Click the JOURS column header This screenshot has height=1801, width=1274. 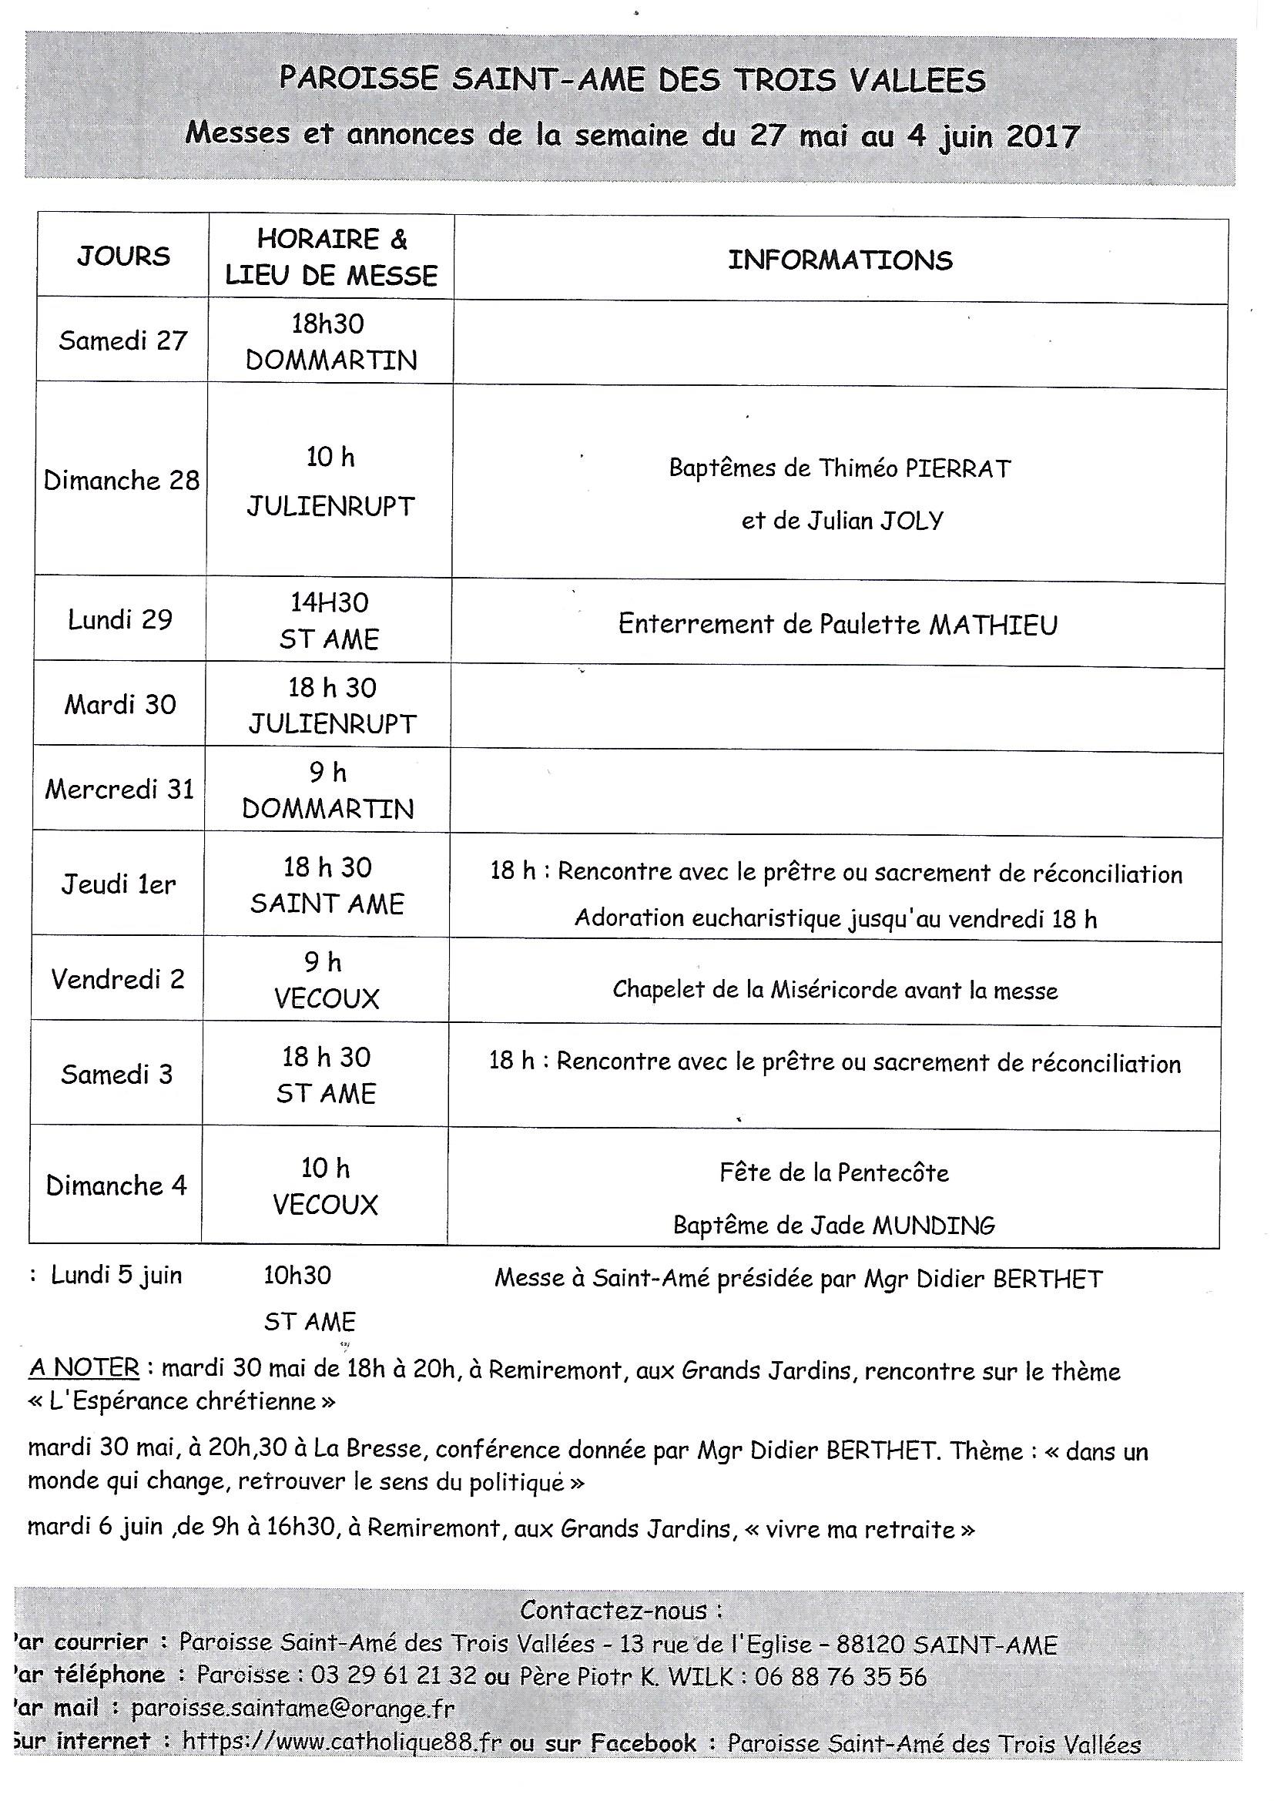pyautogui.click(x=123, y=257)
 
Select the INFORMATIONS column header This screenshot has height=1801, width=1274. pyautogui.click(x=840, y=260)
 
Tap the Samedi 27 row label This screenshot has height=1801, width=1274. pyautogui.click(x=123, y=341)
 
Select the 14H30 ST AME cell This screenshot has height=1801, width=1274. pyautogui.click(x=330, y=620)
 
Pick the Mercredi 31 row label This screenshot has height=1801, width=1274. pyautogui.click(x=119, y=789)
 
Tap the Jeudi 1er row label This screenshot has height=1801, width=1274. pyautogui.click(x=119, y=885)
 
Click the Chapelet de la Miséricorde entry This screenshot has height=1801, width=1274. pyautogui.click(x=835, y=990)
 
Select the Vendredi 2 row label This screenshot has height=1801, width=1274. pyautogui.click(x=118, y=979)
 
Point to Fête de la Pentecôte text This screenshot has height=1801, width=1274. pyautogui.click(x=834, y=1172)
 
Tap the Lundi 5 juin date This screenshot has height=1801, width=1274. pyautogui.click(x=116, y=1276)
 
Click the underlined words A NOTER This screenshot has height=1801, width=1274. pyautogui.click(x=84, y=1368)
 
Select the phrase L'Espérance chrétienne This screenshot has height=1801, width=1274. pyautogui.click(x=181, y=1402)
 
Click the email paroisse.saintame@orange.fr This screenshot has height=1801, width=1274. pyautogui.click(x=293, y=1709)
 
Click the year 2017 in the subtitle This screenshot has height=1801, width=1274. pyautogui.click(x=1043, y=136)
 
